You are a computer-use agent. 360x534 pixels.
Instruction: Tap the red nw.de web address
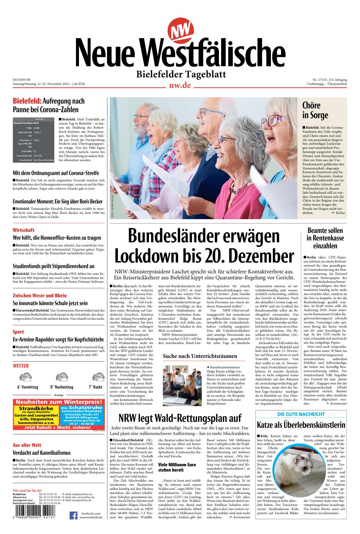180,85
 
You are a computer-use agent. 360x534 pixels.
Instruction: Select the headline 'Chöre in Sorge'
315,110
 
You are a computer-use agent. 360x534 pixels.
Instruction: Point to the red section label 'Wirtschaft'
24,230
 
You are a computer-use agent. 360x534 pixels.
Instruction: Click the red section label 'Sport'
18,332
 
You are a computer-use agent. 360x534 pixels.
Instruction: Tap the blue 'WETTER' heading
21,365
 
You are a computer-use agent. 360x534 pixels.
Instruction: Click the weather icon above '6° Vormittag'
27,377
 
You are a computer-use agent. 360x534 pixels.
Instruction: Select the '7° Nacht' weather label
95,387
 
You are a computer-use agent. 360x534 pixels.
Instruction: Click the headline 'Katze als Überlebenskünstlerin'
301,425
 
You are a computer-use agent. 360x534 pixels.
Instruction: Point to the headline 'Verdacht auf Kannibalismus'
42,453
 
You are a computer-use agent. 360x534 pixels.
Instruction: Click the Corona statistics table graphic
34,140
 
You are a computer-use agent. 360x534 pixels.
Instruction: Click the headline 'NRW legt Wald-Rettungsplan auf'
180,418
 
